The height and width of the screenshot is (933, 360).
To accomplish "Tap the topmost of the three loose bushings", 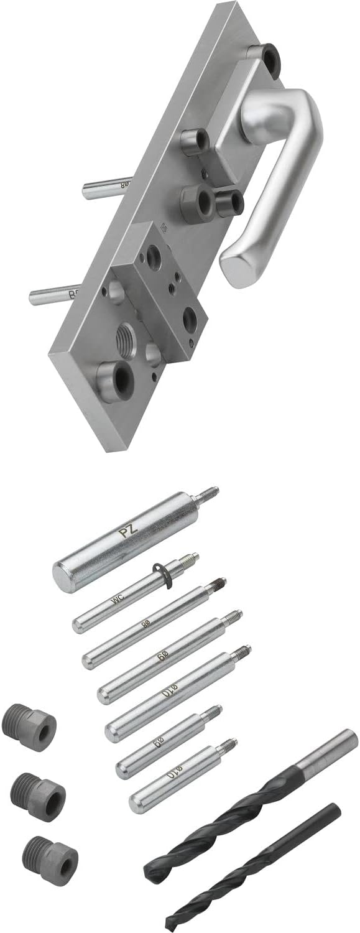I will click(x=30, y=727).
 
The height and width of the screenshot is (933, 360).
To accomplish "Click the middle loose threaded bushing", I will click(x=39, y=792).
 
